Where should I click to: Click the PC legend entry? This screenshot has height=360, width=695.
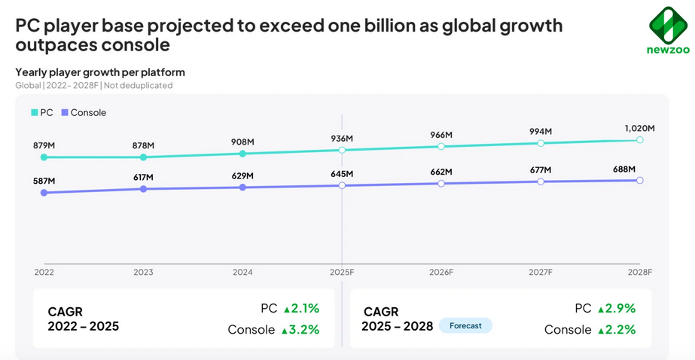click(42, 112)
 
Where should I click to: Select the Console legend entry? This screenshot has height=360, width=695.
click(84, 112)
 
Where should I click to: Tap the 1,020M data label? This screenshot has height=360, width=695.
click(639, 129)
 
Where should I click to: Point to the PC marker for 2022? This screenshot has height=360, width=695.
click(44, 157)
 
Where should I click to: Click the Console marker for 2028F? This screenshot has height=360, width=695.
click(640, 180)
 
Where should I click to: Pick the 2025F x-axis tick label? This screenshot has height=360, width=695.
click(342, 272)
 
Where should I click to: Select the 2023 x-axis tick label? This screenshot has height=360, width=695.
click(143, 272)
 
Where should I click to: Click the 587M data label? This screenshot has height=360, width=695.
click(44, 182)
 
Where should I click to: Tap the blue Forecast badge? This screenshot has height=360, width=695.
click(465, 325)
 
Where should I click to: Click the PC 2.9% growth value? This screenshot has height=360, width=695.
click(616, 308)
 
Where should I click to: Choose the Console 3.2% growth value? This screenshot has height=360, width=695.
click(300, 329)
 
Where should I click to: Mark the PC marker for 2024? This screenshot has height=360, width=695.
click(242, 154)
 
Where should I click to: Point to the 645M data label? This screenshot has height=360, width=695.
click(342, 174)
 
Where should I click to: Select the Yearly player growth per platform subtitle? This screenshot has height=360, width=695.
click(100, 72)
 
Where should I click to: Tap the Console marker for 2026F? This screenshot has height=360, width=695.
click(441, 183)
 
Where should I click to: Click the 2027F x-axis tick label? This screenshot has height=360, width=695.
click(540, 272)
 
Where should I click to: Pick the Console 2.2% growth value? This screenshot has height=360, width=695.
click(616, 329)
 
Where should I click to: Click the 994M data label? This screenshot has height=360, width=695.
click(540, 132)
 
